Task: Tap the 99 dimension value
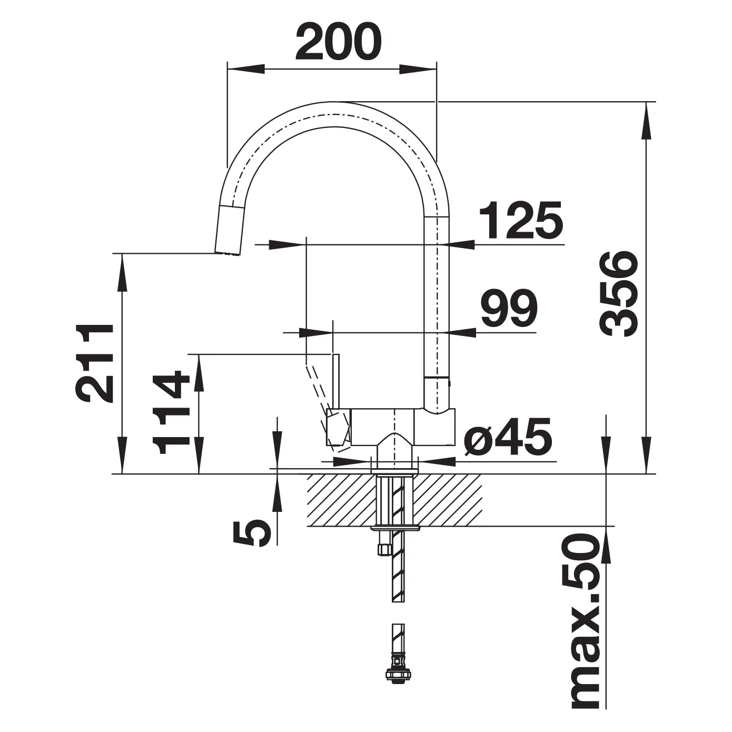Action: tap(509, 308)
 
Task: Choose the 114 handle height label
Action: tap(171, 412)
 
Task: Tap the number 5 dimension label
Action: tap(252, 533)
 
